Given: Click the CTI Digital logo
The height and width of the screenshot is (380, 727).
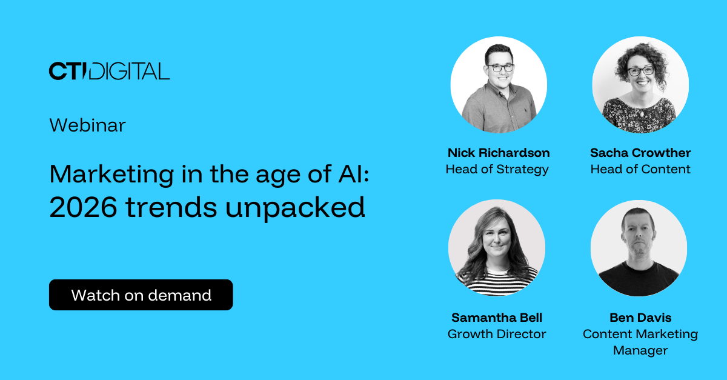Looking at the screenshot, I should coord(109,71).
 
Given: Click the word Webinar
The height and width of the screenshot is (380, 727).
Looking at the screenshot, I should coord(87,125).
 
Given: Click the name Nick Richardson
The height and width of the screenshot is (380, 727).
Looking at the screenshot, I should coord(498,153).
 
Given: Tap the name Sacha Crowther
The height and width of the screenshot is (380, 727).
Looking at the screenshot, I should coord(640,153).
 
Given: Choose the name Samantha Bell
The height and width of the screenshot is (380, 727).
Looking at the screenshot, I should coord(497,318).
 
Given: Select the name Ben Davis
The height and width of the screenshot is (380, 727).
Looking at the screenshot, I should coord(640,318).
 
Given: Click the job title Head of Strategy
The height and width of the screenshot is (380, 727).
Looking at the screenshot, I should coord(497,170).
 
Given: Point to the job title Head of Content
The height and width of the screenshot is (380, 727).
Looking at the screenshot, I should coord(640,170).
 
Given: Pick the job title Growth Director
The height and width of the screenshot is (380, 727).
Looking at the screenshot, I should coord(497,334).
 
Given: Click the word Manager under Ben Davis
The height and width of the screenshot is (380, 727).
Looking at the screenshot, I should coord(640,350).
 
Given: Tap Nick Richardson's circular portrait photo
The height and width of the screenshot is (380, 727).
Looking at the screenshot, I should coord(498,85).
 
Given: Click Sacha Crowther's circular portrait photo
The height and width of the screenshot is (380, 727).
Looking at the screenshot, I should coord(640,85).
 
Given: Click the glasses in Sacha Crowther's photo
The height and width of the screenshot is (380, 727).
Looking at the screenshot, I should coord(640,71).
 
